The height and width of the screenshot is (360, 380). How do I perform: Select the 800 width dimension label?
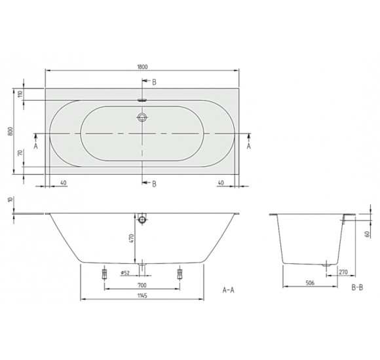tap(10, 131)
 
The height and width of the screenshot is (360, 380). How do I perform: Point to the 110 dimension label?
tap(20, 94)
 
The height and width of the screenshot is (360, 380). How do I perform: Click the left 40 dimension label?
tap(63, 183)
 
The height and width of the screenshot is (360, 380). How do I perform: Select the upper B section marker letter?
tap(154, 82)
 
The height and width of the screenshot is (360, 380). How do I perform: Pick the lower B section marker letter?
tap(154, 184)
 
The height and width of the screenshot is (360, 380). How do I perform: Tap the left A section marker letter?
tap(35, 147)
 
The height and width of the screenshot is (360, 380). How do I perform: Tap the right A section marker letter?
tap(248, 147)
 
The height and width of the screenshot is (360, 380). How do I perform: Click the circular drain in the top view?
tap(142, 118)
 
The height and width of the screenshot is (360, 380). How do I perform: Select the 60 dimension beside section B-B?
tap(368, 232)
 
